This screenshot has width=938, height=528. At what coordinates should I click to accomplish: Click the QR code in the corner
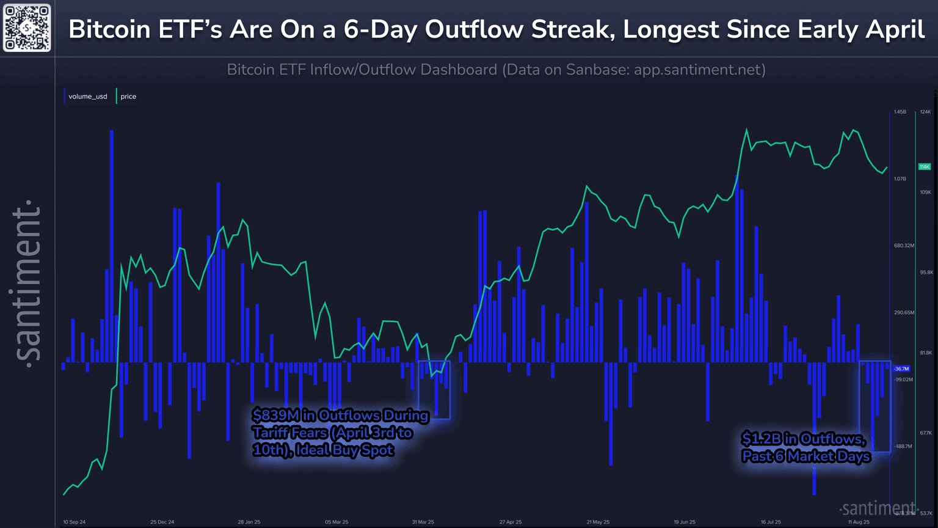click(27, 28)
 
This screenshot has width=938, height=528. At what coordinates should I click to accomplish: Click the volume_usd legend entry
click(87, 97)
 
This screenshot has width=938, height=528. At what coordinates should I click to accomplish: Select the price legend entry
click(128, 97)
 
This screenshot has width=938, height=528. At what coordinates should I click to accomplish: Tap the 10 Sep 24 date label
click(75, 522)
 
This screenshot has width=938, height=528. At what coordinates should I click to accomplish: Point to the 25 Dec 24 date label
click(162, 522)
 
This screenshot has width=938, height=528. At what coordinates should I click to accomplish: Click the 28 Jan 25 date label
click(249, 522)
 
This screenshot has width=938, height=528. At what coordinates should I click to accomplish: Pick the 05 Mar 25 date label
click(336, 522)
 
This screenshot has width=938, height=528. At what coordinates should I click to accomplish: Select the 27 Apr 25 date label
click(511, 522)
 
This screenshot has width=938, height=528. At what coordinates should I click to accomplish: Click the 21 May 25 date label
click(598, 522)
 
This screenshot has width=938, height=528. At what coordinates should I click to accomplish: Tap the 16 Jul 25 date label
click(771, 522)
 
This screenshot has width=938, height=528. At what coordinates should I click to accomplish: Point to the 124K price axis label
click(925, 112)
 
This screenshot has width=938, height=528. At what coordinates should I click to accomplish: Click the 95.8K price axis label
click(926, 272)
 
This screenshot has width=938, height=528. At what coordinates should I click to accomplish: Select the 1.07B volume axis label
click(900, 178)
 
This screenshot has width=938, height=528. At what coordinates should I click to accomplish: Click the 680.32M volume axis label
click(904, 246)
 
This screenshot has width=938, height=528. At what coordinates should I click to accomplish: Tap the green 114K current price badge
click(925, 167)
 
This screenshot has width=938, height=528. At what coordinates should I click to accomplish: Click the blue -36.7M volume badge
click(901, 369)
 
